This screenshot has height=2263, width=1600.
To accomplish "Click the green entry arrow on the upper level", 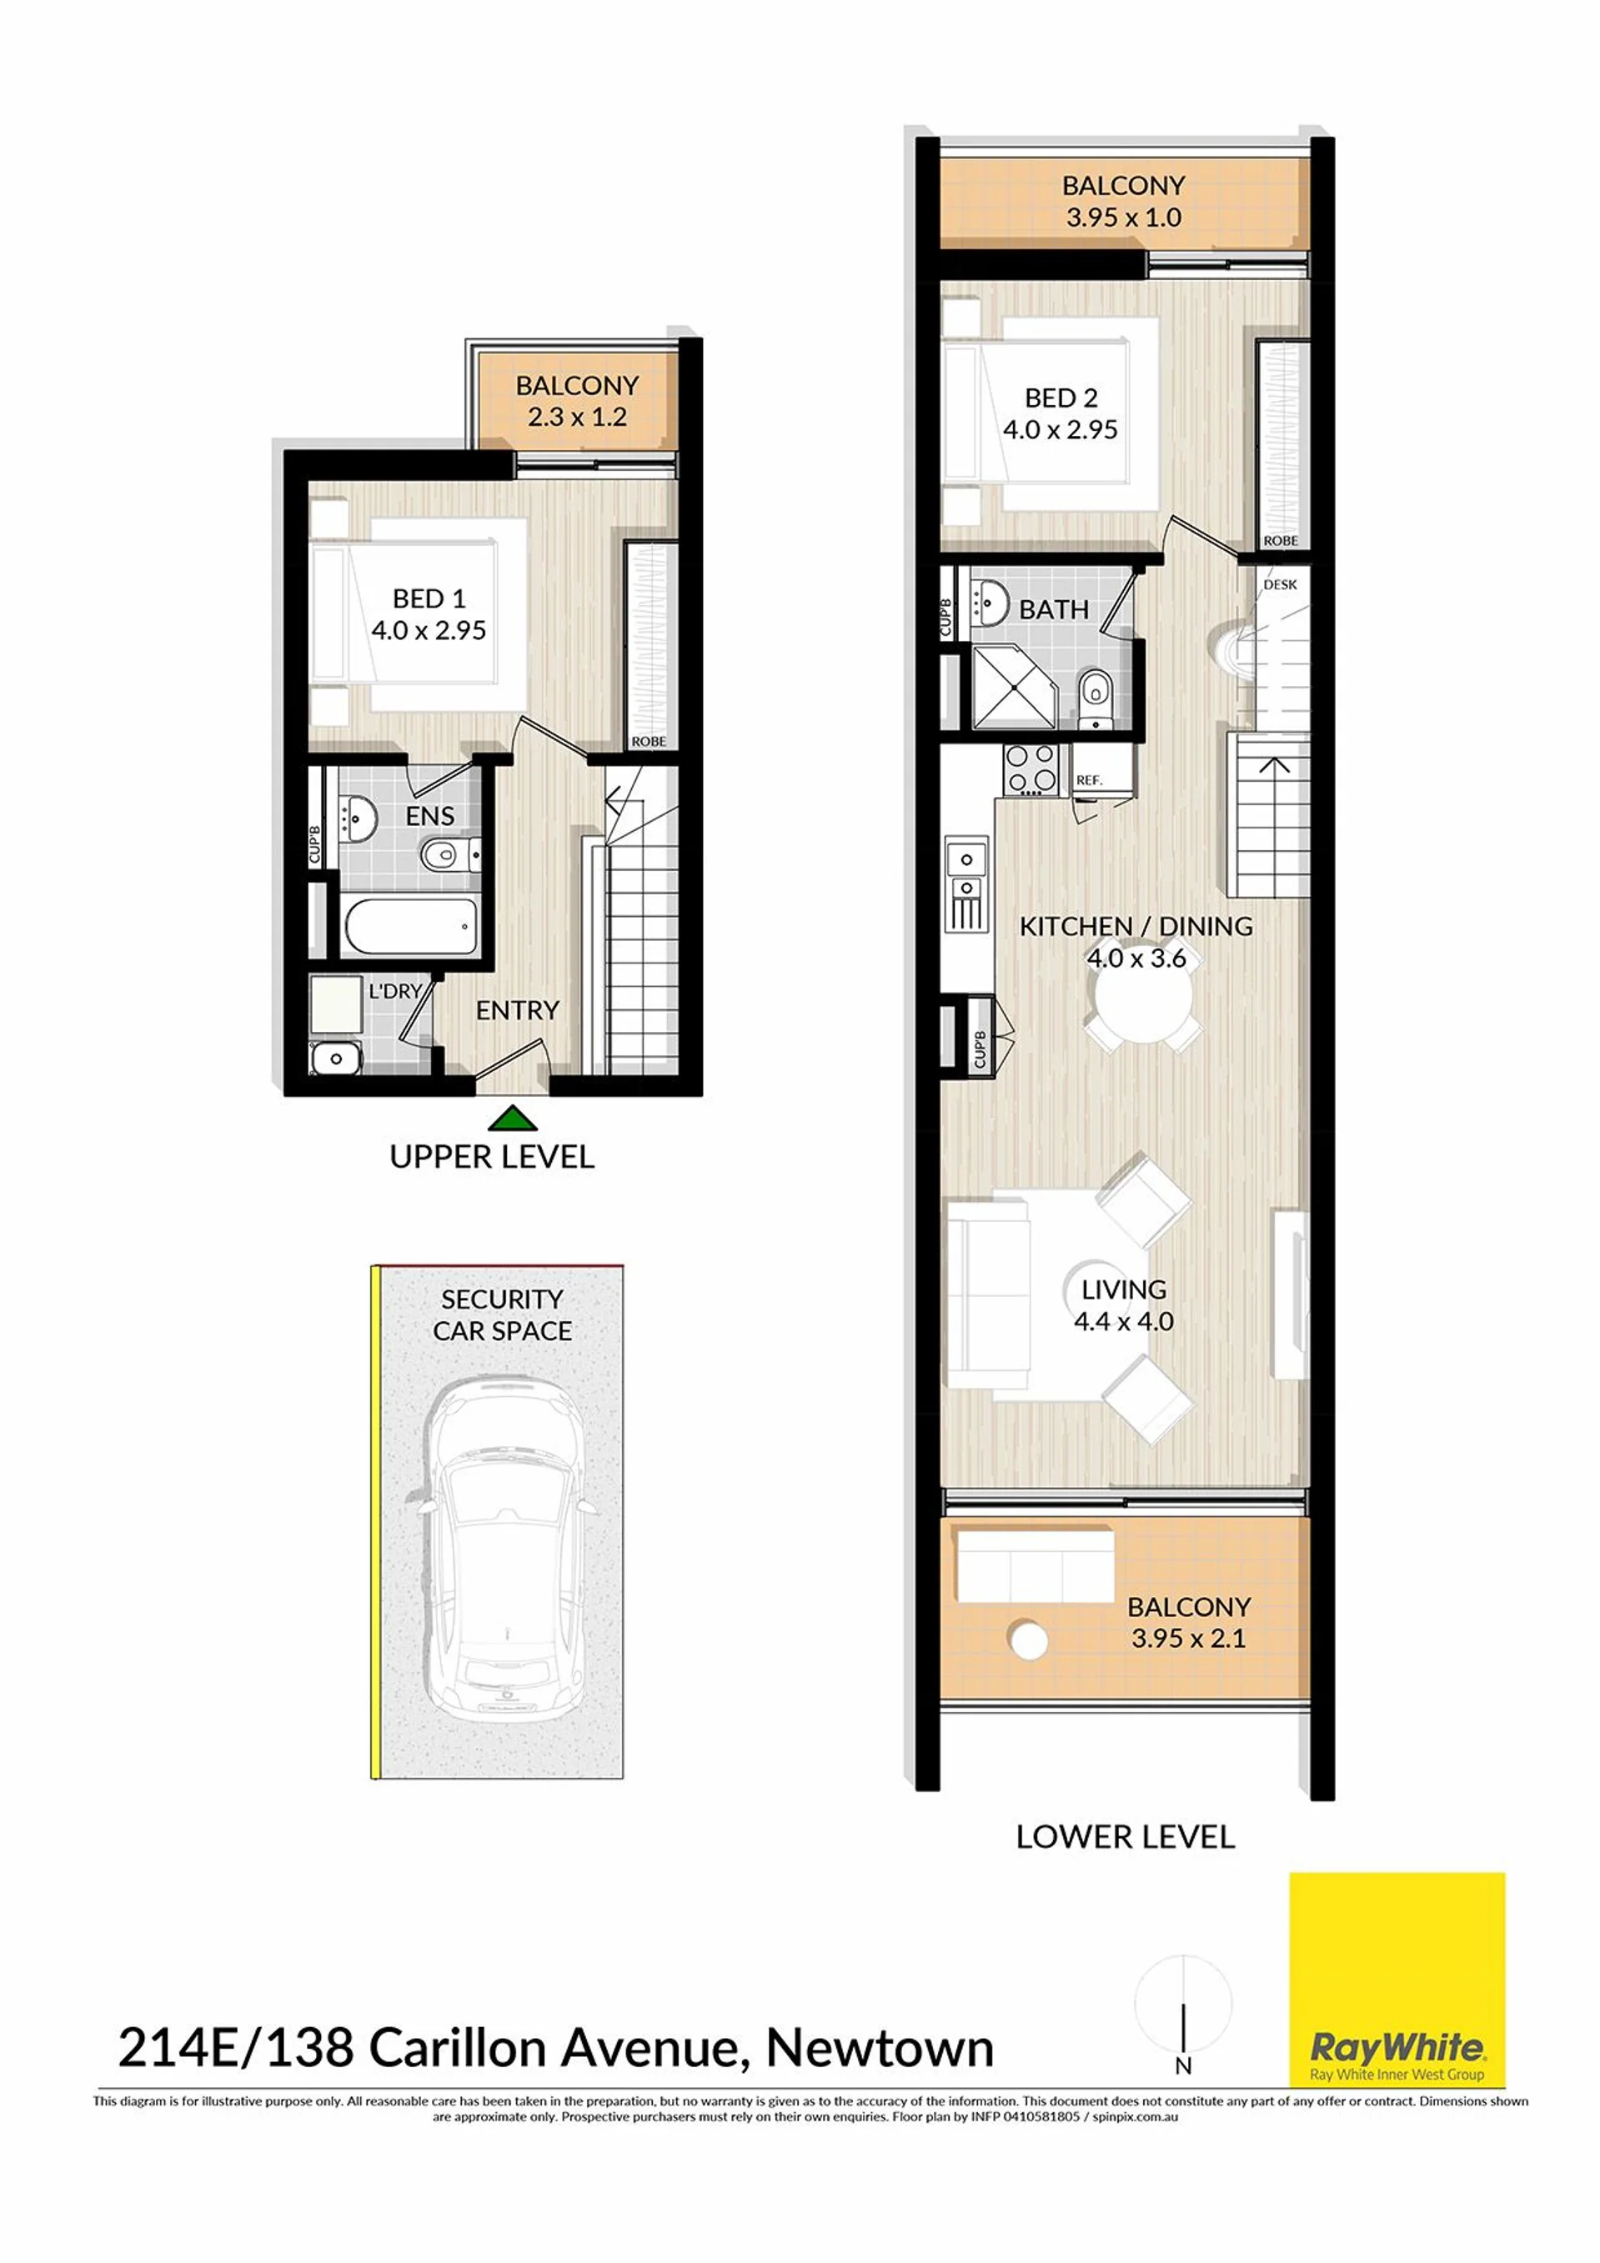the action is tap(512, 1118).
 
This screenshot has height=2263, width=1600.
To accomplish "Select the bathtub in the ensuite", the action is tap(411, 925).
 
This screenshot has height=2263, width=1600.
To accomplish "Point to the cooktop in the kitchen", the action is tap(1031, 770).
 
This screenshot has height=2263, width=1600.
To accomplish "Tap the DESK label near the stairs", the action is tap(1280, 584).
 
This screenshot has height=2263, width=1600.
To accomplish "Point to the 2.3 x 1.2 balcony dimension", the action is tap(577, 417).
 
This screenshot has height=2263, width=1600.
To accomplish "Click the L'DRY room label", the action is tap(395, 990).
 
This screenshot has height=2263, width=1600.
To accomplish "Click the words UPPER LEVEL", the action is tap(492, 1157).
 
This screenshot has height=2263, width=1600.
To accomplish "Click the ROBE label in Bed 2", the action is tap(1281, 541).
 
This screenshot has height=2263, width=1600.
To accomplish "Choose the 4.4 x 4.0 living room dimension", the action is tap(1124, 1322).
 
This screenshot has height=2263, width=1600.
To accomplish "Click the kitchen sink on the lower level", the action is tap(966, 874).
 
